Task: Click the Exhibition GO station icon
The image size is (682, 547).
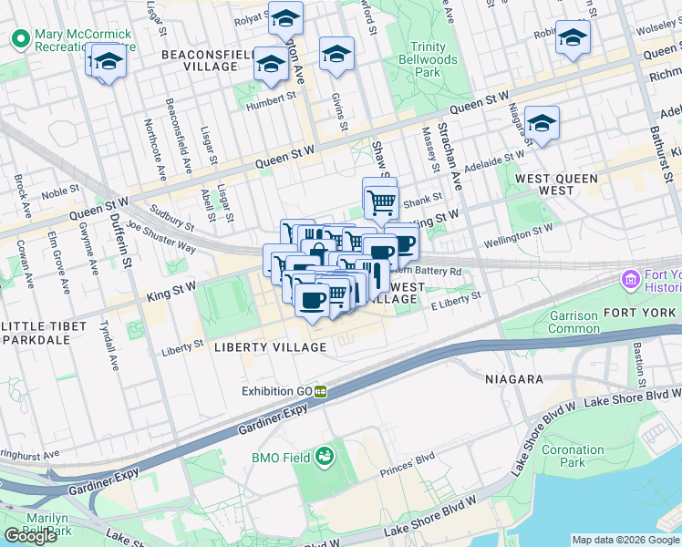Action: [x=321, y=391]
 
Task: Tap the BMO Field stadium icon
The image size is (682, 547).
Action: [x=325, y=456]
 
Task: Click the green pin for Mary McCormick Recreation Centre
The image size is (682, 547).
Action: [x=19, y=39]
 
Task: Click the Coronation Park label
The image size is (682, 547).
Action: [x=573, y=456]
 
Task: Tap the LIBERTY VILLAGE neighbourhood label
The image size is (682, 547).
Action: [x=270, y=347]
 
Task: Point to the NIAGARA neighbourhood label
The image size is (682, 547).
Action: [x=513, y=378]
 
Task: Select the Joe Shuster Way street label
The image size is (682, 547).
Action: [x=161, y=235]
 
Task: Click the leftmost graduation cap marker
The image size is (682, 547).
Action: [x=108, y=62]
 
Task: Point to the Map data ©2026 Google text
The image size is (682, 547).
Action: [x=625, y=540]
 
